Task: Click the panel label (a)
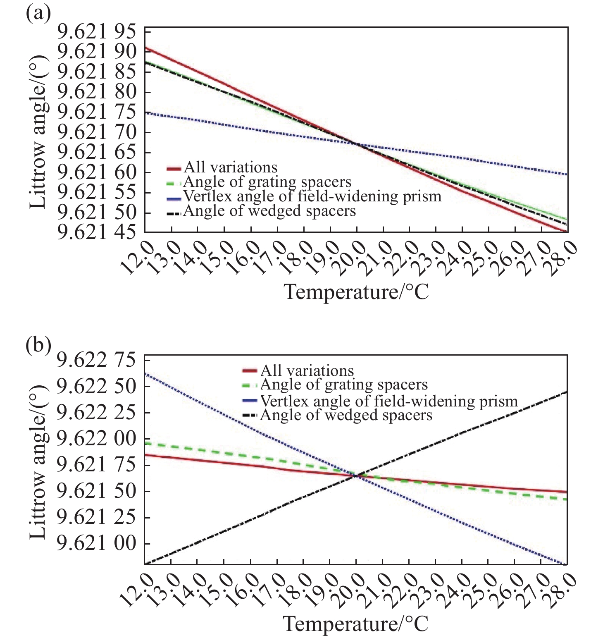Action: coord(38,14)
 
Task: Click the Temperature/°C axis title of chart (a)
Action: coord(356,292)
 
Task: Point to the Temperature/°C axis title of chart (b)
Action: coord(356,624)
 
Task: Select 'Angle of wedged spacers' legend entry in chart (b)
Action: coord(346,415)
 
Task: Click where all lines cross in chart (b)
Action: coord(356,476)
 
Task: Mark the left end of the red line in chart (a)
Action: coord(145,48)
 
